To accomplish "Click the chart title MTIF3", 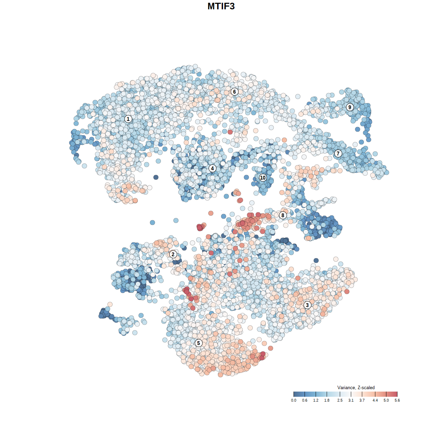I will click(x=221, y=6).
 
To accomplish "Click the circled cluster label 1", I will click(x=128, y=119).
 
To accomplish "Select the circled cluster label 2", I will click(x=173, y=254).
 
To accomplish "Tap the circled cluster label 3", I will click(x=307, y=305).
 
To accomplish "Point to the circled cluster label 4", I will click(x=212, y=168).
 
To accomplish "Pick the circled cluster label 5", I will click(x=199, y=343).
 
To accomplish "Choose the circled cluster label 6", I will click(x=234, y=92).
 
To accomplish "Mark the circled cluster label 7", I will click(x=338, y=153).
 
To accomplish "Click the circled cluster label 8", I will click(x=283, y=215).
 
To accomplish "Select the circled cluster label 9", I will click(x=350, y=107).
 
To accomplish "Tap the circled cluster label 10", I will click(x=263, y=177).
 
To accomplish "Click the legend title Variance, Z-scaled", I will click(x=356, y=387).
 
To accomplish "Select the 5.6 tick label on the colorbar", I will click(x=397, y=400).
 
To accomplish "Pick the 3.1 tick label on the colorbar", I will click(x=351, y=400).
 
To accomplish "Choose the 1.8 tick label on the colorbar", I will click(x=327, y=400).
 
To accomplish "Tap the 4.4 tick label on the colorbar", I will click(x=375, y=400).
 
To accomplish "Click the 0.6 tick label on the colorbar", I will click(x=305, y=400).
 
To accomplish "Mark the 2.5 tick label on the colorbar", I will click(x=340, y=400).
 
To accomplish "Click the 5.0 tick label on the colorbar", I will click(x=386, y=400).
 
